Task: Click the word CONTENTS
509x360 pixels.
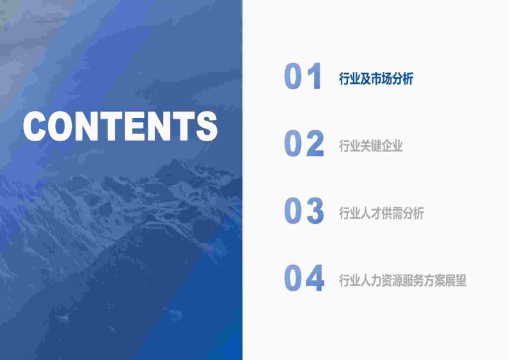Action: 120,126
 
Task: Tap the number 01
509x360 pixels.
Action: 302,77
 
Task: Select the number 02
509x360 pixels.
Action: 304,144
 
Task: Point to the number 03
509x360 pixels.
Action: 304,212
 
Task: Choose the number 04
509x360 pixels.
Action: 304,279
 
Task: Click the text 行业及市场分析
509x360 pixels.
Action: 376,79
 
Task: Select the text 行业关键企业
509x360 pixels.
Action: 371,146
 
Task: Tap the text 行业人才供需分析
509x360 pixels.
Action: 381,214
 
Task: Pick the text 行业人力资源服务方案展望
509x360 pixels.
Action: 402,281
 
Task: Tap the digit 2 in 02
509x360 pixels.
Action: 315,144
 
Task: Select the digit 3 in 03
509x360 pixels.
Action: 315,212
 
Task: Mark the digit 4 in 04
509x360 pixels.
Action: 315,279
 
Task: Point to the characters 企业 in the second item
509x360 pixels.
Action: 392,146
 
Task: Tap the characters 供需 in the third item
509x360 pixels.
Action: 392,214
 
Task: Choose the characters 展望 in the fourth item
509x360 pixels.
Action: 456,281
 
